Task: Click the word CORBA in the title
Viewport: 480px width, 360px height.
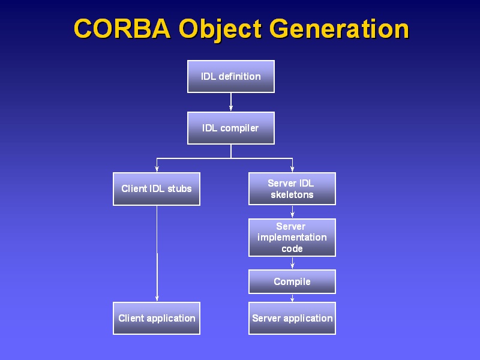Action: pyautogui.click(x=122, y=28)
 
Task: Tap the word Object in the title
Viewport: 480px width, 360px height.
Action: pyautogui.click(x=220, y=29)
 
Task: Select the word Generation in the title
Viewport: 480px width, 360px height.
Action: pyautogui.click(x=339, y=28)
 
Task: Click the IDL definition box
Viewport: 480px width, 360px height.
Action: pyautogui.click(x=231, y=77)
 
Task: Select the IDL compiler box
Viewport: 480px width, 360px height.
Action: pyautogui.click(x=231, y=128)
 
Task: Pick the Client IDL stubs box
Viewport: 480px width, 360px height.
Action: pyautogui.click(x=157, y=189)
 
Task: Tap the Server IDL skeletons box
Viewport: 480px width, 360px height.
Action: pyautogui.click(x=292, y=188)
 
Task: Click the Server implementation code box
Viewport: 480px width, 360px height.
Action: pyautogui.click(x=292, y=238)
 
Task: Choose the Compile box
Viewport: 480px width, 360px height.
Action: pyautogui.click(x=292, y=281)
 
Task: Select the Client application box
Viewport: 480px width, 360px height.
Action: pyautogui.click(x=157, y=319)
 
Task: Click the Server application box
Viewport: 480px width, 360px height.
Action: pyautogui.click(x=292, y=319)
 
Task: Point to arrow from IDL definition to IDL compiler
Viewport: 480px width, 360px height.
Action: pyautogui.click(x=231, y=102)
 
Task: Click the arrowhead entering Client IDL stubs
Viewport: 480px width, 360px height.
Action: pyautogui.click(x=157, y=169)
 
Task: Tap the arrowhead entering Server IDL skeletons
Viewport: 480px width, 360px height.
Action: pyautogui.click(x=292, y=169)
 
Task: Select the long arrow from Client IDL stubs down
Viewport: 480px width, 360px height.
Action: pyautogui.click(x=157, y=253)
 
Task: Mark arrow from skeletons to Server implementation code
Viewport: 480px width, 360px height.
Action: pyautogui.click(x=292, y=212)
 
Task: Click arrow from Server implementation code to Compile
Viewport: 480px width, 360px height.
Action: pyautogui.click(x=292, y=263)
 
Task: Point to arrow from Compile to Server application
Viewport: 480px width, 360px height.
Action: pyautogui.click(x=292, y=298)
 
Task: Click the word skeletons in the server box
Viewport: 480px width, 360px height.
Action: pyautogui.click(x=292, y=194)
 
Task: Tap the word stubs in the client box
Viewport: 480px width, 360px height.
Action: pyautogui.click(x=179, y=188)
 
